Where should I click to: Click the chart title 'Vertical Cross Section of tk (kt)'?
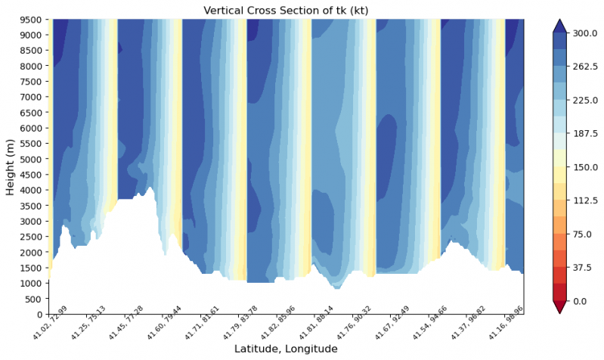point(286,9)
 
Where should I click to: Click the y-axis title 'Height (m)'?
point(10,166)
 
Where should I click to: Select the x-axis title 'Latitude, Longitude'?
point(286,349)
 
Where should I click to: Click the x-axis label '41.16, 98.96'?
point(504,328)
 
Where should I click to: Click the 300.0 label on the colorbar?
point(586,33)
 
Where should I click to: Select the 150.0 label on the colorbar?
point(586,167)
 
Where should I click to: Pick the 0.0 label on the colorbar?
point(581,301)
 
